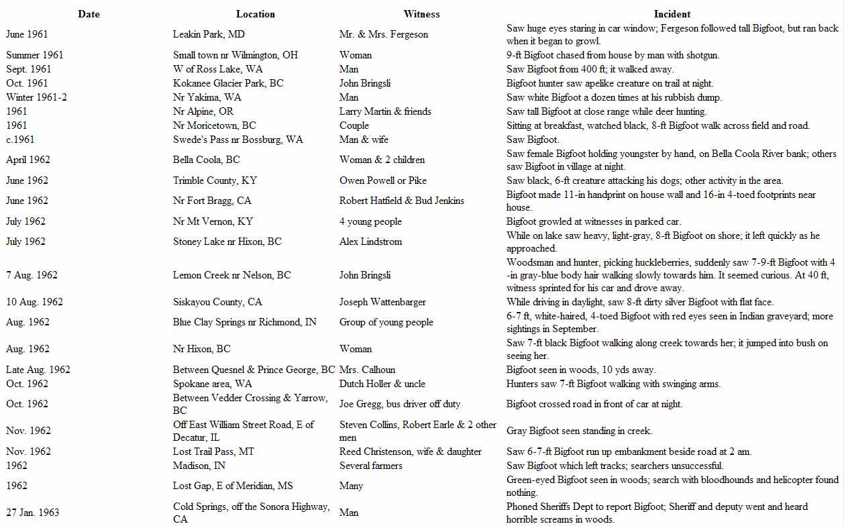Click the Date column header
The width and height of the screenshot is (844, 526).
click(x=89, y=14)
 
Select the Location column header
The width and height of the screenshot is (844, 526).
click(x=255, y=14)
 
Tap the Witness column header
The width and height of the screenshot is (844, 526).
click(x=421, y=14)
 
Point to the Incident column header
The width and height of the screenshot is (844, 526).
click(x=672, y=14)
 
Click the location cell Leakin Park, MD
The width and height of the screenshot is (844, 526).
click(x=209, y=34)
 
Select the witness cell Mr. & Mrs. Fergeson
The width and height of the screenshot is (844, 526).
click(x=384, y=34)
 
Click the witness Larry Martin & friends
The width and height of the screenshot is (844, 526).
click(x=385, y=111)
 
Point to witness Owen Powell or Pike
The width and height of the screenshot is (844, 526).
click(x=383, y=180)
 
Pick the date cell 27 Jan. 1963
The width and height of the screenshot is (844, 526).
click(x=33, y=513)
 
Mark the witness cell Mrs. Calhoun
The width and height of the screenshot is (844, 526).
click(x=368, y=370)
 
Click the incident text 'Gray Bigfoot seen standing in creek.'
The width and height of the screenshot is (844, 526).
click(x=579, y=431)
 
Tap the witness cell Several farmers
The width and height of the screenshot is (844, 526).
click(x=371, y=466)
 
